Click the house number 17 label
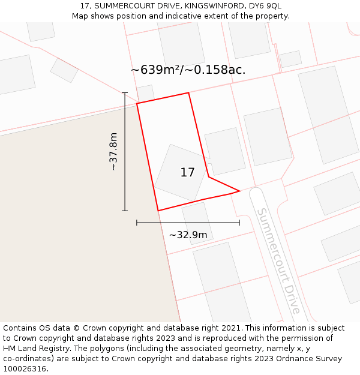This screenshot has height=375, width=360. point(187,173)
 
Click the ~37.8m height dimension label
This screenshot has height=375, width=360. point(113,151)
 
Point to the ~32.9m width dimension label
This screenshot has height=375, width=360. point(188,235)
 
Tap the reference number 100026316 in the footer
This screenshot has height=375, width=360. point(25,368)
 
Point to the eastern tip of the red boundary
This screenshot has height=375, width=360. point(239,191)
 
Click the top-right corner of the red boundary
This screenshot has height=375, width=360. point(189,92)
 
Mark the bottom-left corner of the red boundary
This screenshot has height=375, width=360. point(158,211)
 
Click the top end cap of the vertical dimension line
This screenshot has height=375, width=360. point(125,93)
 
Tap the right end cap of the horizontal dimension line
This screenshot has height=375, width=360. point(239,223)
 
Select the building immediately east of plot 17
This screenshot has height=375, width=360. point(225,151)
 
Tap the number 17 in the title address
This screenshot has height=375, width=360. point(85,6)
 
